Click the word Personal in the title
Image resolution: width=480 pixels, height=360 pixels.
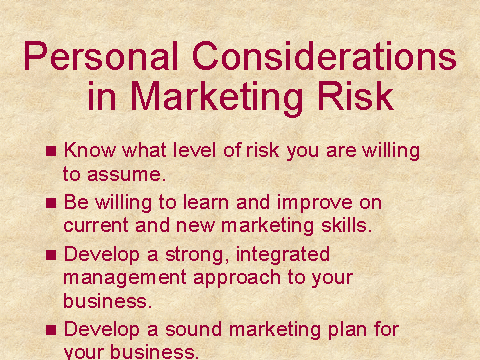point(101,56)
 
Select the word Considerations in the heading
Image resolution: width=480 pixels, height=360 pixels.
point(324,56)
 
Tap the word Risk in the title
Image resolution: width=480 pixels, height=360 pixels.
point(356,96)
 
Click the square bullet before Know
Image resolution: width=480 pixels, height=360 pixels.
point(51,151)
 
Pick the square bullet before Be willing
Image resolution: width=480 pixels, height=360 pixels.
point(51,203)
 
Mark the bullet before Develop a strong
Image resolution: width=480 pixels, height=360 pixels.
point(51,255)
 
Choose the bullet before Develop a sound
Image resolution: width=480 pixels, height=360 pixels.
point(51,330)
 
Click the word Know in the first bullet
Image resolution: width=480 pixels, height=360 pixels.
point(90,150)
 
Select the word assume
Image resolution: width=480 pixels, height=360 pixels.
point(126,175)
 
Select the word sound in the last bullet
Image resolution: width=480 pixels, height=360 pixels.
point(194,329)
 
